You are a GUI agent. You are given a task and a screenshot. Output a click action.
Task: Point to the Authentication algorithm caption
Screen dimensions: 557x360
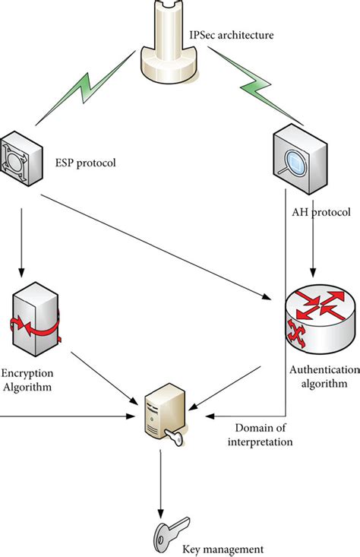coord(324,376)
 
